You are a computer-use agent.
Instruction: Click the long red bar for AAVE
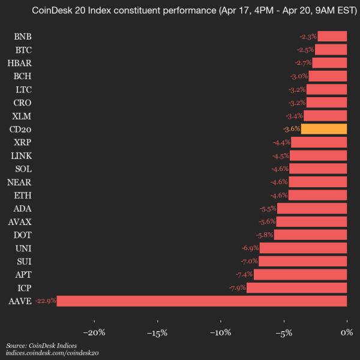tap(202, 301)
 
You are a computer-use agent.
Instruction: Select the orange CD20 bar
tap(324, 129)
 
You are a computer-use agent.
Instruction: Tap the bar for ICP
tap(296, 288)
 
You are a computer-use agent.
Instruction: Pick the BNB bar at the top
tap(332, 37)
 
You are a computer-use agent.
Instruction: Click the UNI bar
tap(303, 248)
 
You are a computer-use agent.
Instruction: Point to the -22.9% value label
tap(46, 301)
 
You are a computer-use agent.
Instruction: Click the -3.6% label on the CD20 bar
tap(291, 129)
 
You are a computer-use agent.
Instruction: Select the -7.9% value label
tap(236, 288)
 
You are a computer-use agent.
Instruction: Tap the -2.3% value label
tap(308, 37)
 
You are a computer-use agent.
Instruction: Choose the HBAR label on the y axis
tap(20, 63)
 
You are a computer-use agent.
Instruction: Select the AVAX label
tap(20, 221)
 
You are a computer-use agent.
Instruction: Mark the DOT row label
tap(23, 235)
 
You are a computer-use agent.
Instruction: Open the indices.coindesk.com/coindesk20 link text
tap(52, 354)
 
